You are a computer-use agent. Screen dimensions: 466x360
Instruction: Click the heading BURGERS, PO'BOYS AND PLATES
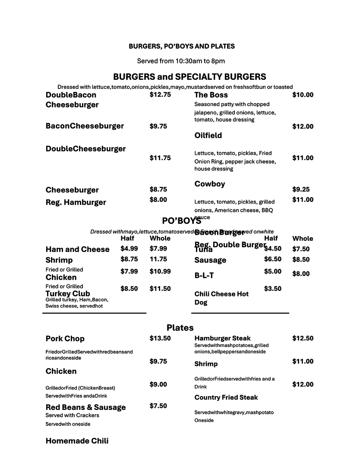[x=182, y=46]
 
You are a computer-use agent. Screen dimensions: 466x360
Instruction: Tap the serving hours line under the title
[x=181, y=61]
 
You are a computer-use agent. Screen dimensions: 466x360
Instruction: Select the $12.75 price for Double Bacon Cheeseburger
[x=160, y=94]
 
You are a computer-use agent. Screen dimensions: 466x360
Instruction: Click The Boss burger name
[x=211, y=95]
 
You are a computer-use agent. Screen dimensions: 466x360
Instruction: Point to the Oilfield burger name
[x=208, y=135]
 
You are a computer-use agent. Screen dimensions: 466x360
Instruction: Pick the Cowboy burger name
[x=210, y=184]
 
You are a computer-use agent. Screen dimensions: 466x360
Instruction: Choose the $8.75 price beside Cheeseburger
[x=158, y=189]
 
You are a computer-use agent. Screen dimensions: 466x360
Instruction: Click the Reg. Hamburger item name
[x=76, y=202]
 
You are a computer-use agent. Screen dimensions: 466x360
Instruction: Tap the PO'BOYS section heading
[x=181, y=221]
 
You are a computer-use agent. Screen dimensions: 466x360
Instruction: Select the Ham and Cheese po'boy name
[x=78, y=249]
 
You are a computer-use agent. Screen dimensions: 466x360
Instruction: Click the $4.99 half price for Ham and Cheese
[x=129, y=248]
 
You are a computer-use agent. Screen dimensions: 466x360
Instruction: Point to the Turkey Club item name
[x=68, y=294]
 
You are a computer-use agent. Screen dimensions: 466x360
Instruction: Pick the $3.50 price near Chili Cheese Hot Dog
[x=273, y=289]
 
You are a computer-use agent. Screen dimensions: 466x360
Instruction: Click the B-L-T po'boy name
[x=204, y=275]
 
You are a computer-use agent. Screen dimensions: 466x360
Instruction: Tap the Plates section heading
[x=180, y=328]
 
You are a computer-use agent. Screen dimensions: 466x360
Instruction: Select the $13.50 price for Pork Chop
[x=160, y=338]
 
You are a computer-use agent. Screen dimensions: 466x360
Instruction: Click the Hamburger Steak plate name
[x=222, y=338]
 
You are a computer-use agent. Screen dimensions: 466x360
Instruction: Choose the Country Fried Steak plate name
[x=226, y=397]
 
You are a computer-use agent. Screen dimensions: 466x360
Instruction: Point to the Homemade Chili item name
[x=77, y=441]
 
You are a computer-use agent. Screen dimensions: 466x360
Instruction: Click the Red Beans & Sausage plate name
[x=85, y=407]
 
